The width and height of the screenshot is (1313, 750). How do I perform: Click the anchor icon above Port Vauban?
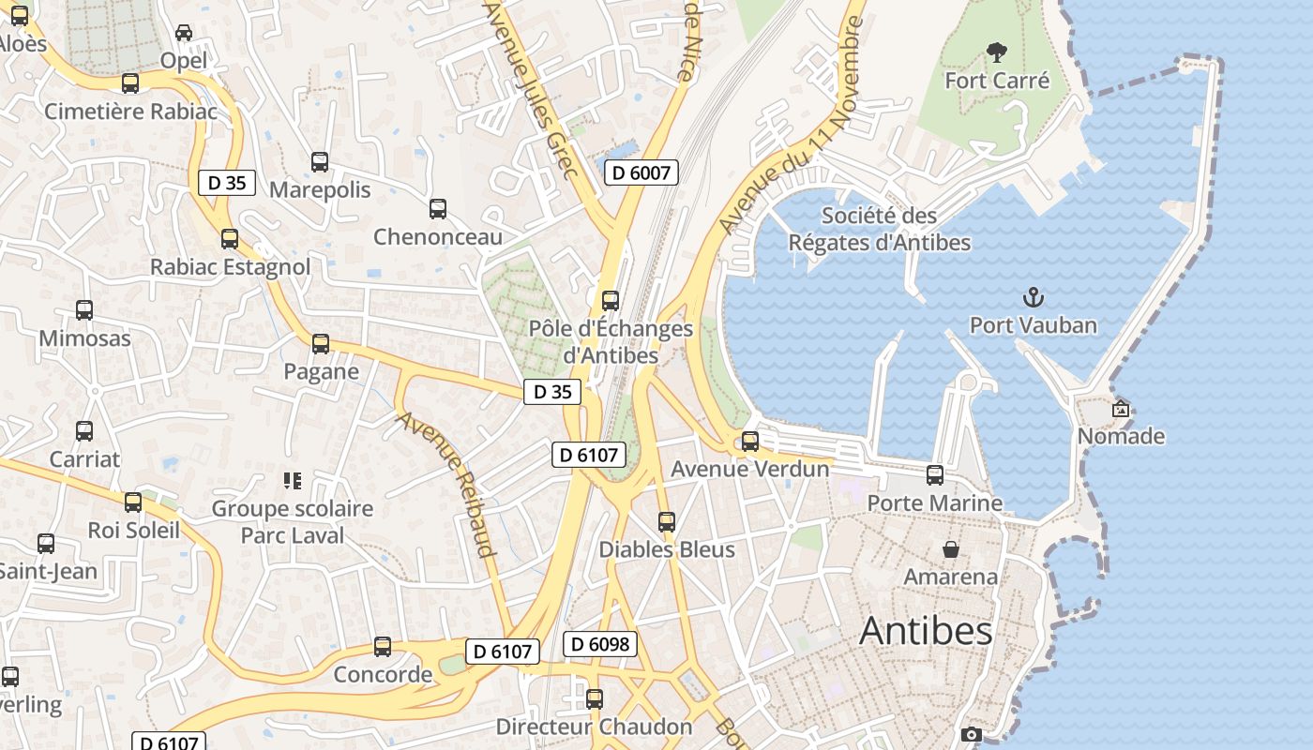coord(1033,298)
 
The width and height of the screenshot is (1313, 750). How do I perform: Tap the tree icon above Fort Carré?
coord(996,52)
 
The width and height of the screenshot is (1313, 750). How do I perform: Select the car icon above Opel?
coord(184,33)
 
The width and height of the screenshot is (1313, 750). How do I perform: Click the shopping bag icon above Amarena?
coord(951,548)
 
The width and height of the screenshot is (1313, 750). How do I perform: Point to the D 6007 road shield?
coord(641,172)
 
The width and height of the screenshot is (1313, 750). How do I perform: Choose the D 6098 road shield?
coord(600,644)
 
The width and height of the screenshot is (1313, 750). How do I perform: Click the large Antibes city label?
coord(926,631)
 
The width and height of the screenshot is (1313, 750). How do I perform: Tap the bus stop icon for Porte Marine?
coord(935,475)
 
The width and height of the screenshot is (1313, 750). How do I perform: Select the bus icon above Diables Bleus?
coord(667,522)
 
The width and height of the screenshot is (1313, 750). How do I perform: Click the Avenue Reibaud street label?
coord(447,485)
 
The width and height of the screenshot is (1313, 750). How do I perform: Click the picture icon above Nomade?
coord(1121,409)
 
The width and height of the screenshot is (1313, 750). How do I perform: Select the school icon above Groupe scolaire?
coord(292,481)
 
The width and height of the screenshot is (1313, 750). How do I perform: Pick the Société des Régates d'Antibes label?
coord(879,229)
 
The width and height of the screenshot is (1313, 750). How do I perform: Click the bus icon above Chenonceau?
coord(438,209)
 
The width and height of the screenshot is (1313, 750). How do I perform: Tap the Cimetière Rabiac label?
coord(130,112)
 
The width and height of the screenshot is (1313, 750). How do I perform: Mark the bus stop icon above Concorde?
coord(383,647)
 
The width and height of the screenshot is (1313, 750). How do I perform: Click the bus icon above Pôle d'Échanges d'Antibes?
coord(611,301)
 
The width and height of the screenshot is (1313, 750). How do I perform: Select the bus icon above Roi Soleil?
coord(133,502)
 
